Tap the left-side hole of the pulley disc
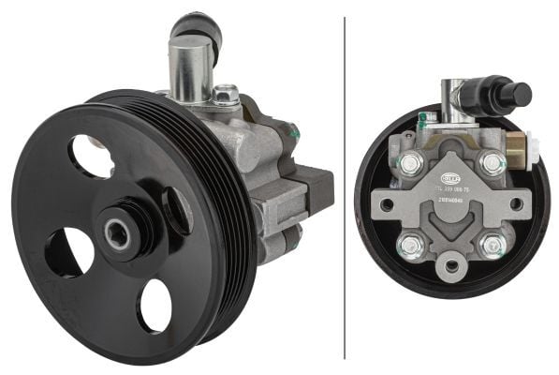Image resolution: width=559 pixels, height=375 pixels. tap(68, 252)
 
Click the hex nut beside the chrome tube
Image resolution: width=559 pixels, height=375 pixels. tap(225, 95)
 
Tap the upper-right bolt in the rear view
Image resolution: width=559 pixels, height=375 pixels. tap(492, 164)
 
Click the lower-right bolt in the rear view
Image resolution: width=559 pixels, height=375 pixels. tap(491, 247)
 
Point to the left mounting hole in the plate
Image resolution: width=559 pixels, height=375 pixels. tap(387, 204)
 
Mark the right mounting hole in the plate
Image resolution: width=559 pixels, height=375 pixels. tap(515, 202)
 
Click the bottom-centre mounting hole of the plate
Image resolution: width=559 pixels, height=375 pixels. tap(451, 265)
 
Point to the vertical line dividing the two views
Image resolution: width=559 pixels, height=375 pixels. tap(346, 187)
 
